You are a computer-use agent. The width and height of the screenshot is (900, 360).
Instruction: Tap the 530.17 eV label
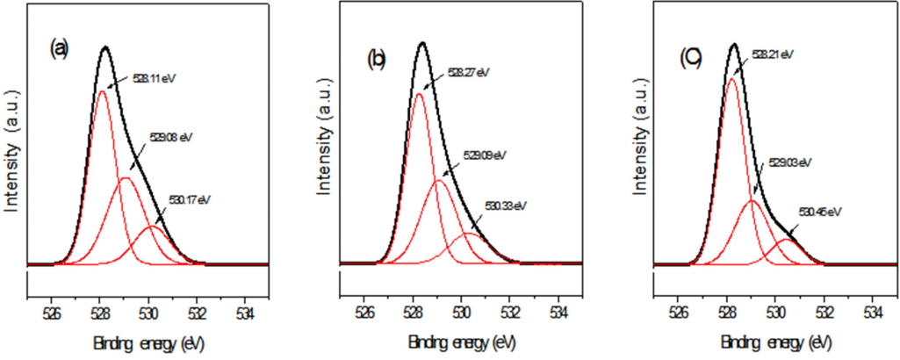[x=191, y=199]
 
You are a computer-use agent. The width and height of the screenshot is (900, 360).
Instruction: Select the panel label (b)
[x=377, y=60]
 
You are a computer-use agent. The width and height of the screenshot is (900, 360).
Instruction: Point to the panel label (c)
[x=690, y=60]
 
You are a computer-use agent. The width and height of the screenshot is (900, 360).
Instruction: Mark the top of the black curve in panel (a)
[x=106, y=47]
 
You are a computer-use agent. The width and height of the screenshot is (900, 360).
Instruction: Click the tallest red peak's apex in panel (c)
[x=731, y=78]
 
